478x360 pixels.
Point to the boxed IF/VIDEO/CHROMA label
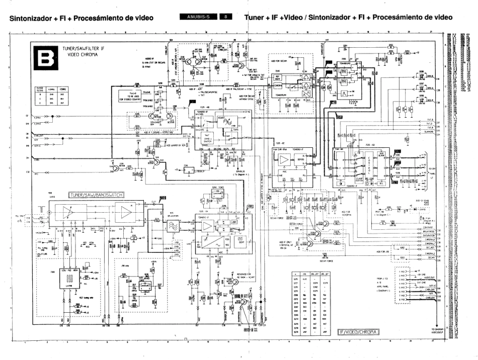[358, 331]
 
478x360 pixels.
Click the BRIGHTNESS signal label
[426, 231]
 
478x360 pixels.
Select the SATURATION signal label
[426, 235]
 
